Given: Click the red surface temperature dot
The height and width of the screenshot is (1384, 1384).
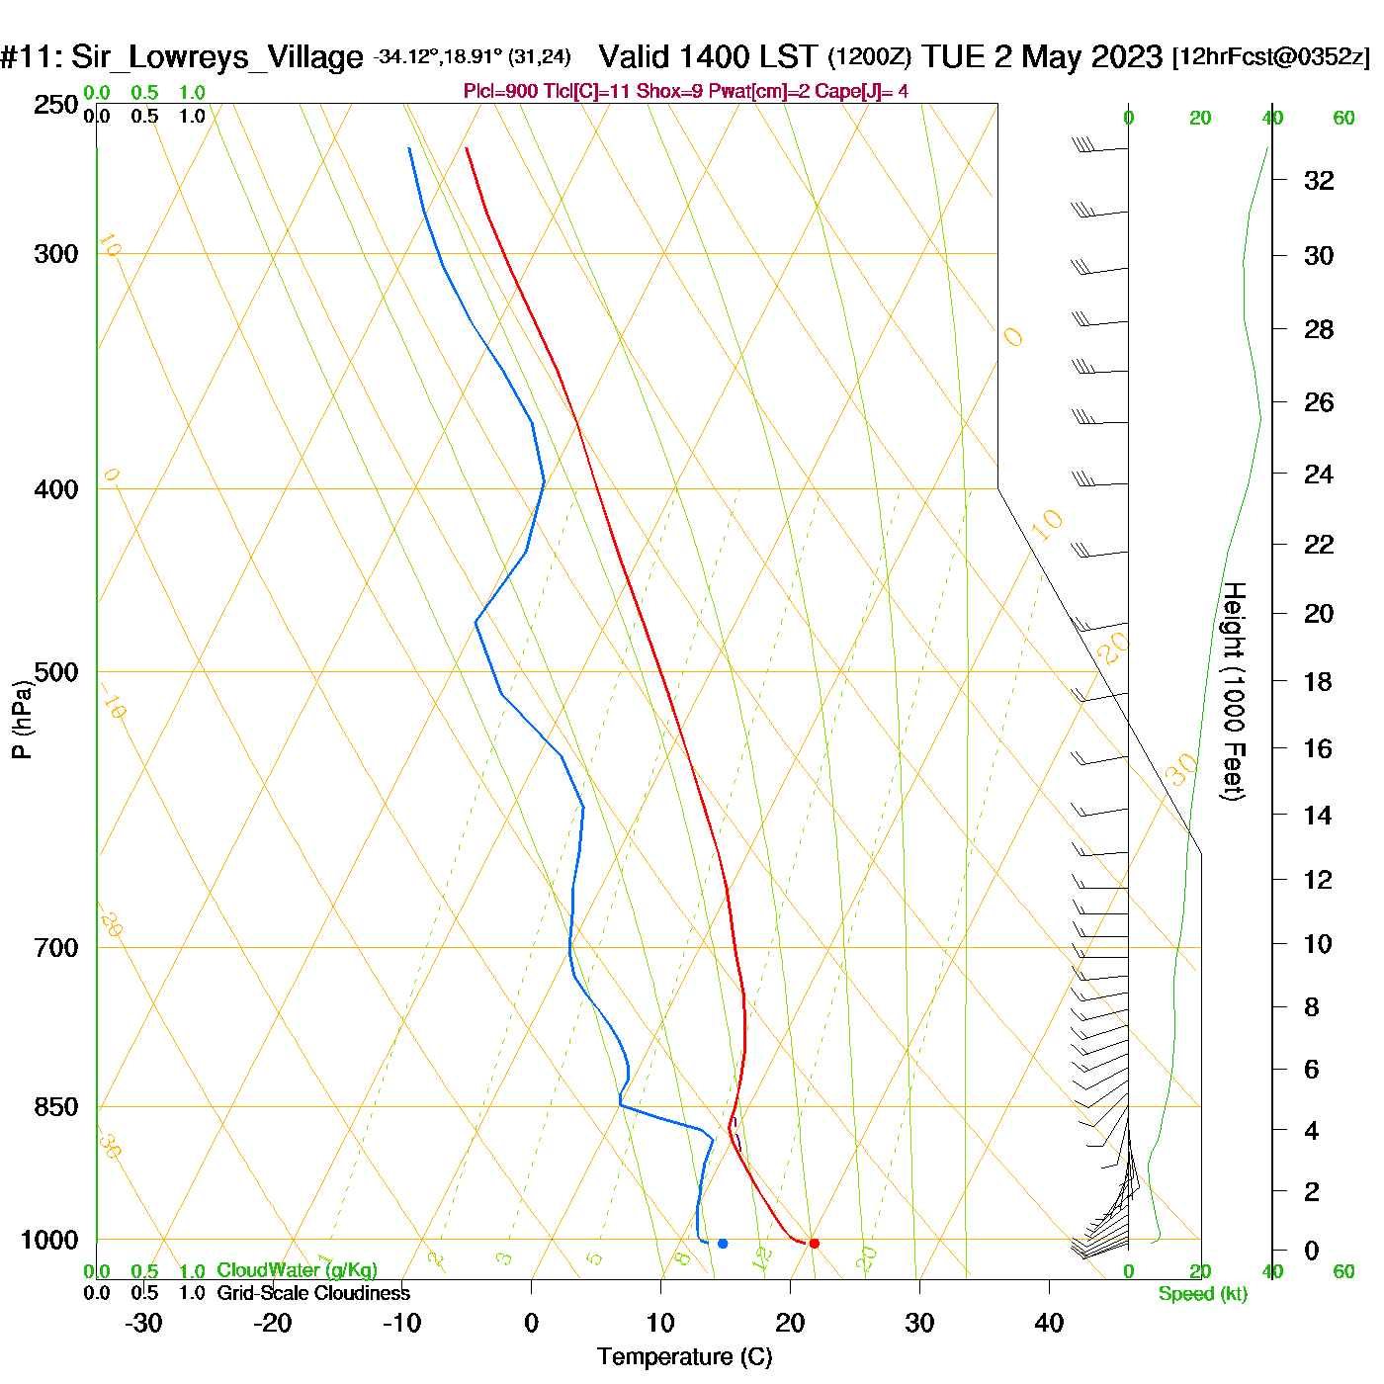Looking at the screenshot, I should click(814, 1243).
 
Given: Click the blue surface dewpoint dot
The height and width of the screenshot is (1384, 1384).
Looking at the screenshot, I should click(723, 1243).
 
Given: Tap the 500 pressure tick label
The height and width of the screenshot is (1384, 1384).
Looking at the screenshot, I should click(55, 672).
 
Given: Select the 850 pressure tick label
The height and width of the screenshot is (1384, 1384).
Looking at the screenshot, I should click(55, 1107).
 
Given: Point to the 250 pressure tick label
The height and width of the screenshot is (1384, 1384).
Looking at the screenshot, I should click(55, 105).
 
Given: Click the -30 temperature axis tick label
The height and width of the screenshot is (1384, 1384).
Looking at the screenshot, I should click(143, 1323).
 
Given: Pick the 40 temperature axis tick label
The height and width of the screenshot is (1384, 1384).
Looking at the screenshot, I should click(1049, 1323).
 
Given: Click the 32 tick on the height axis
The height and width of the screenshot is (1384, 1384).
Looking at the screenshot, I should click(1319, 180).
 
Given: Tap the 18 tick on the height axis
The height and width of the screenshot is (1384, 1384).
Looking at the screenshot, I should click(1318, 681).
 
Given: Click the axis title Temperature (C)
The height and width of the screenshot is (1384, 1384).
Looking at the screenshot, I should click(684, 1357).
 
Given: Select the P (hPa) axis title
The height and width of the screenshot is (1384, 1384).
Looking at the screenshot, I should click(22, 719).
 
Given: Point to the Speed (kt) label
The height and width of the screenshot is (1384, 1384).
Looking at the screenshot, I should click(1203, 1294).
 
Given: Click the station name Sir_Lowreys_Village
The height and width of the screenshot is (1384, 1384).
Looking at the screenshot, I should click(216, 57).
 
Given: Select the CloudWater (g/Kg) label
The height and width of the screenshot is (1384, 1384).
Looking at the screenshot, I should click(297, 1270).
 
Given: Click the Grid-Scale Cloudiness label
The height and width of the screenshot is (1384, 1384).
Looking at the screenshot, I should click(313, 1293).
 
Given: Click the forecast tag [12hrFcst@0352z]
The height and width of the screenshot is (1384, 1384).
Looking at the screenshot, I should click(1271, 56).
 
